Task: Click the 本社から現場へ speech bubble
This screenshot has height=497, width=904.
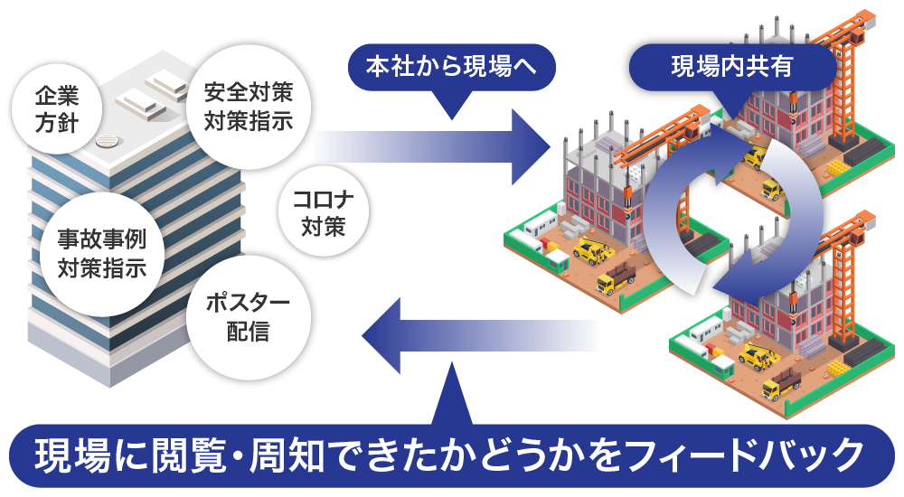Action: point(450,67)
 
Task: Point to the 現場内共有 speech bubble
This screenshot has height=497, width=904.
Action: point(731,67)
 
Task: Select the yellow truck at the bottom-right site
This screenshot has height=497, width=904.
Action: point(780,389)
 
